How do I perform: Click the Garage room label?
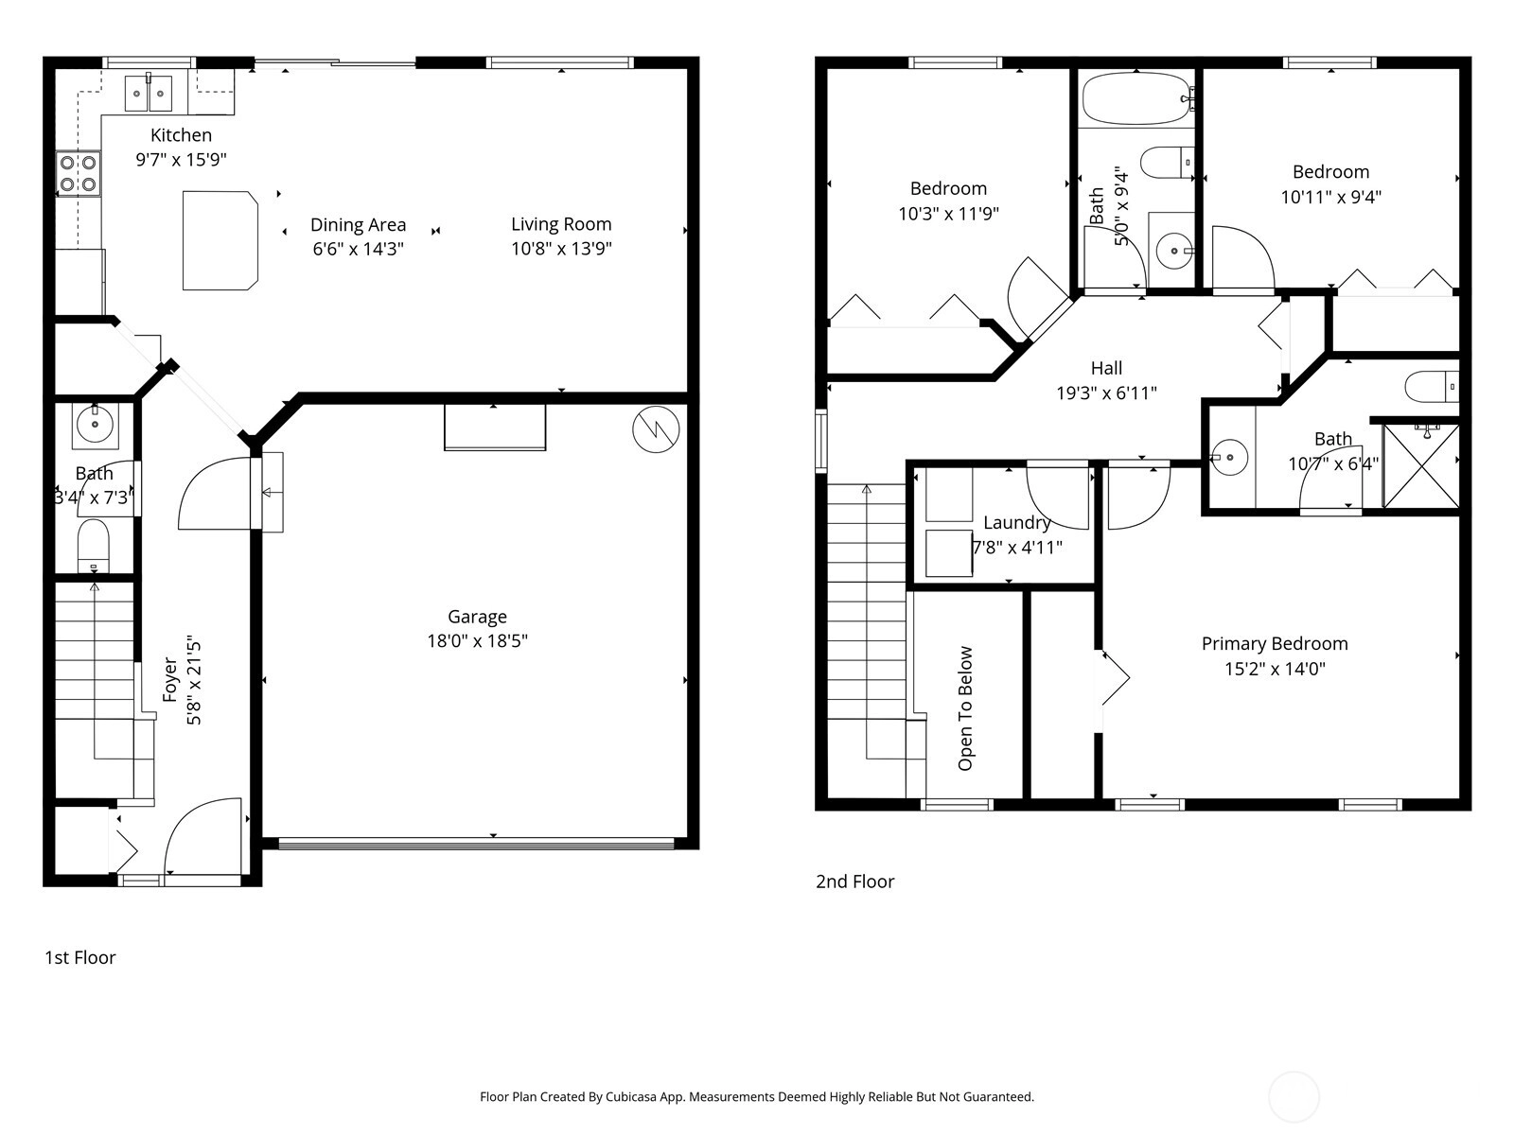[x=477, y=617]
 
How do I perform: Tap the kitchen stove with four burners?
[x=78, y=174]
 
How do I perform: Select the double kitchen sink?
[x=149, y=93]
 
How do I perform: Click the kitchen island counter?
[x=220, y=240]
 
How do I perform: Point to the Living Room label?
[x=561, y=224]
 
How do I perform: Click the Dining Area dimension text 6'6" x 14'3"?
[x=358, y=249]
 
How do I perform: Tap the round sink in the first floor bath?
[x=96, y=423]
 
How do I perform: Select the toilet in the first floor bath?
[x=93, y=546]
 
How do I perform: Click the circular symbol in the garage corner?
[x=656, y=429]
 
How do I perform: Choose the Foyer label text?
[x=170, y=679]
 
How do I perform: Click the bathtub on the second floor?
[x=1137, y=99]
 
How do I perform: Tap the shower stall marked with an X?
[x=1421, y=466]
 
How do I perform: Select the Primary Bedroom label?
[x=1275, y=644]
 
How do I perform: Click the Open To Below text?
[x=965, y=708]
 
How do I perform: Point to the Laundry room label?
[x=1016, y=523]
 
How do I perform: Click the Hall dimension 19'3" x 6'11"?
[x=1106, y=393]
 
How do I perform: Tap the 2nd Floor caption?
[x=854, y=882]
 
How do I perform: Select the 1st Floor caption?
[x=80, y=957]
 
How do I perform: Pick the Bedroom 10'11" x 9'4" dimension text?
[x=1330, y=197]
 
